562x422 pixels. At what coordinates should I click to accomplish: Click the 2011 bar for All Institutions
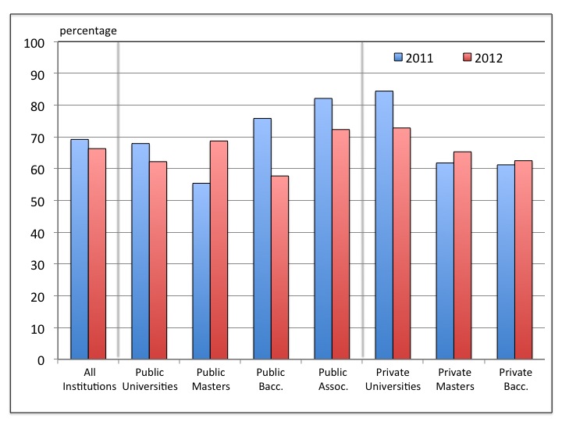pyautogui.click(x=80, y=249)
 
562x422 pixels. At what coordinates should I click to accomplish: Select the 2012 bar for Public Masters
pyautogui.click(x=219, y=250)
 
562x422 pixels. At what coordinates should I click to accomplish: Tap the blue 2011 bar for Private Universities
pyautogui.click(x=384, y=225)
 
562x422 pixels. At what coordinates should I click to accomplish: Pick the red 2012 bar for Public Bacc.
pyautogui.click(x=280, y=267)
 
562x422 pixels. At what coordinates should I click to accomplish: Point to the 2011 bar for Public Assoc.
pyautogui.click(x=323, y=228)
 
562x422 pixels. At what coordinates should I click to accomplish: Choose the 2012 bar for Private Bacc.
pyautogui.click(x=524, y=259)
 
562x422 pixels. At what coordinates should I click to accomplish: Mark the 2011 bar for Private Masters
pyautogui.click(x=445, y=261)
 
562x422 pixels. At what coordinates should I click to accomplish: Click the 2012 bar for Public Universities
pyautogui.click(x=158, y=260)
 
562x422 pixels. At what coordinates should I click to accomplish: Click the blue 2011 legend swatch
pyautogui.click(x=398, y=57)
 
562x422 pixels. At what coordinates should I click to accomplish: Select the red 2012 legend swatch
pyautogui.click(x=468, y=57)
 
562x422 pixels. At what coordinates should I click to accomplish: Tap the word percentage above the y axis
pyautogui.click(x=88, y=31)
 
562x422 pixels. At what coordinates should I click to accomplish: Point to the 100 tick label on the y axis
pyautogui.click(x=34, y=44)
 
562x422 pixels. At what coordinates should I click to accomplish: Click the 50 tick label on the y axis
pyautogui.click(x=37, y=202)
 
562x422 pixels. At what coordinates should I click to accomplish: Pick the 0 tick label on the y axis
pyautogui.click(x=41, y=360)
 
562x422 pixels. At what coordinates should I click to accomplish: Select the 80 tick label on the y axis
pyautogui.click(x=37, y=106)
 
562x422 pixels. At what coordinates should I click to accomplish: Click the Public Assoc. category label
pyautogui.click(x=333, y=379)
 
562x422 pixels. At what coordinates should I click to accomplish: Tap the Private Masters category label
pyautogui.click(x=455, y=379)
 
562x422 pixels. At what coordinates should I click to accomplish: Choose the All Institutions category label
pyautogui.click(x=89, y=379)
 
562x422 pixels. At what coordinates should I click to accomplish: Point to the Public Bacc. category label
pyautogui.click(x=271, y=379)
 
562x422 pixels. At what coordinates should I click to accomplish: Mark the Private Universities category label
pyautogui.click(x=393, y=379)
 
